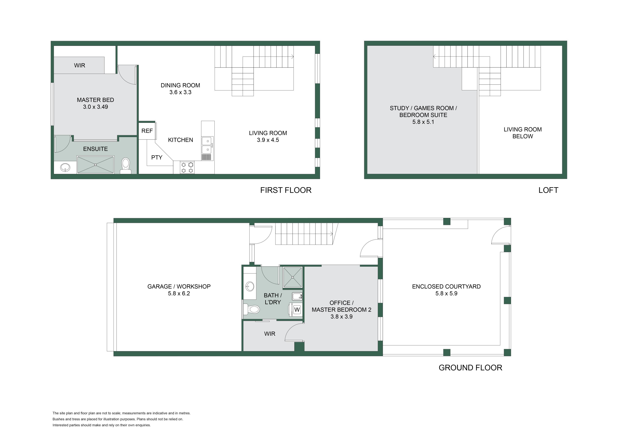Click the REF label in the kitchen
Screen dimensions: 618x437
[147, 131]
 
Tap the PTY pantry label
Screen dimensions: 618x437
[157, 157]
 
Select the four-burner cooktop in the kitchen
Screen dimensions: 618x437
[187, 167]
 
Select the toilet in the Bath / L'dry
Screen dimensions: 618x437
[251, 309]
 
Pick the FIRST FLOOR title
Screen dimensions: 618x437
[286, 190]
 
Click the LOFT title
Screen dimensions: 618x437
[548, 190]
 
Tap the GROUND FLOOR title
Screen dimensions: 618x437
[470, 368]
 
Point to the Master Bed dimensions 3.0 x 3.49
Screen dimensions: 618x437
[96, 107]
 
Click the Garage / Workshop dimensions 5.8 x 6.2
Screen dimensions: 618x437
[179, 294]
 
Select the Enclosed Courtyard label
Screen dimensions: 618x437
[446, 286]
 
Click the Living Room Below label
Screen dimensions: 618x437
[523, 133]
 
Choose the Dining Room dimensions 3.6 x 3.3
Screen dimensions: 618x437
[180, 92]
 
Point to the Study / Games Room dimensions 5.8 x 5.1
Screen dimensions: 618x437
[423, 122]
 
